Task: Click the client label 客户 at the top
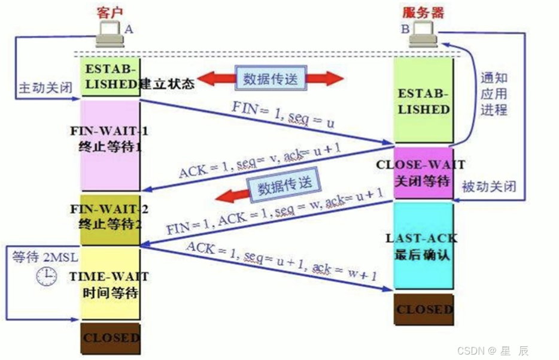[108, 11]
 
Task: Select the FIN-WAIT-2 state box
[110, 218]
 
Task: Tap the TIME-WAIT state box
[110, 284]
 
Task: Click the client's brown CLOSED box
[110, 338]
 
